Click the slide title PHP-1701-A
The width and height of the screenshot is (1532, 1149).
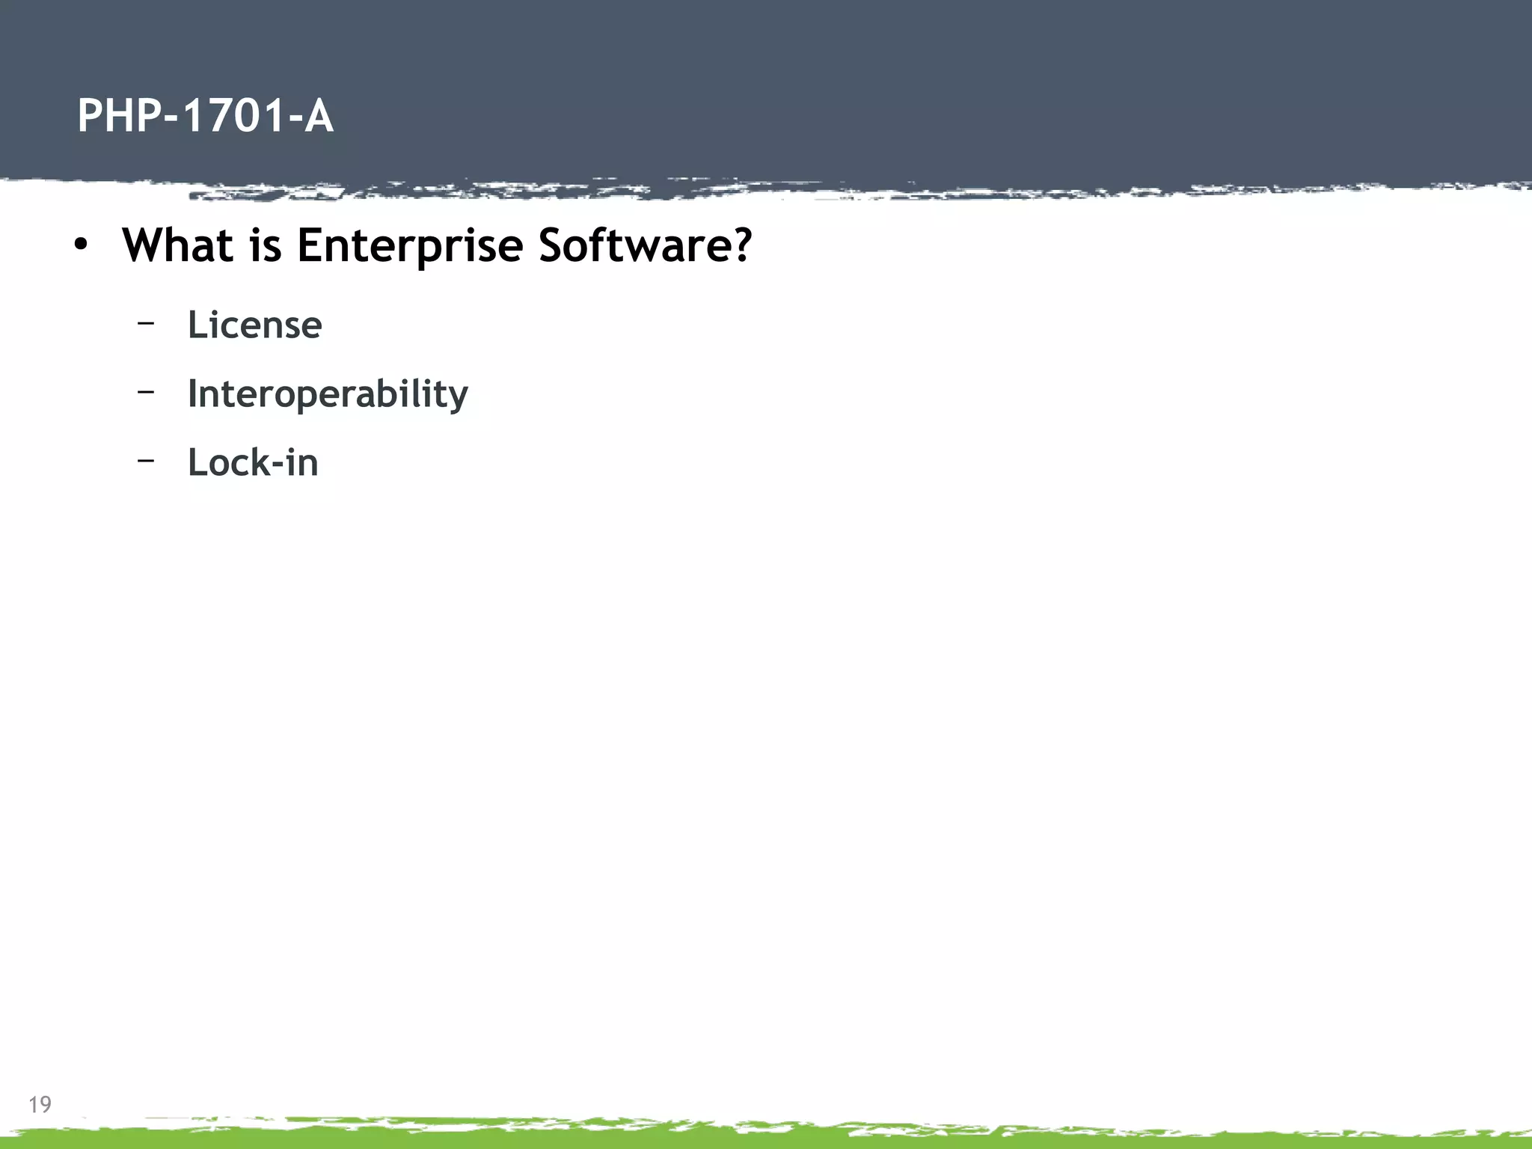click(205, 116)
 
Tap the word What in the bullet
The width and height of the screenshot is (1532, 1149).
click(177, 245)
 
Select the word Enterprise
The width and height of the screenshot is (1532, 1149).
click(409, 246)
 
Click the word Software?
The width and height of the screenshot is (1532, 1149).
click(644, 245)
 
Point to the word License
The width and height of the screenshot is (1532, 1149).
click(254, 325)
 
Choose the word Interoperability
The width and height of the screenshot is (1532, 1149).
click(327, 394)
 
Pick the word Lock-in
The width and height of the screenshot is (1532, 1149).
click(253, 462)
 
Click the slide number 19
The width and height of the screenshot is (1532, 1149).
click(40, 1105)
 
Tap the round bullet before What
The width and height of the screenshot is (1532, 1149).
click(81, 245)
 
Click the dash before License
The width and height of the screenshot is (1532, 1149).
click(146, 322)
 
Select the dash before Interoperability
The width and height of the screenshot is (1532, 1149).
click(146, 390)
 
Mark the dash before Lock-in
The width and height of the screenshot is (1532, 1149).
click(146, 460)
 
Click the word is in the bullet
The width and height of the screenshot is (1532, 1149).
click(265, 245)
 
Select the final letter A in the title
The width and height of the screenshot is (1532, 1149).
click(318, 116)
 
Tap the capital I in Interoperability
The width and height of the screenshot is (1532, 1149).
click(192, 393)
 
